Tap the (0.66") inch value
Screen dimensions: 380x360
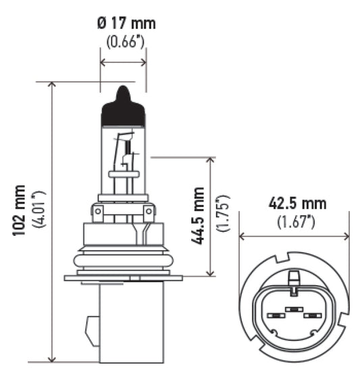(126, 42)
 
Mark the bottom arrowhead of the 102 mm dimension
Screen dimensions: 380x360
(52, 358)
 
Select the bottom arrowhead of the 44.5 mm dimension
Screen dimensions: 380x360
(211, 272)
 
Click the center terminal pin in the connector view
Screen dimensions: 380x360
(294, 310)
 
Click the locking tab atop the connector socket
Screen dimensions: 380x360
(294, 278)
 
